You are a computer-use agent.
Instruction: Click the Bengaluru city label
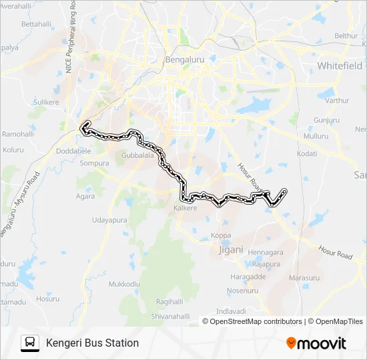(184, 59)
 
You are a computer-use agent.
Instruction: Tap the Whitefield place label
(340, 66)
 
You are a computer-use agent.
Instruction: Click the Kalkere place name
(186, 208)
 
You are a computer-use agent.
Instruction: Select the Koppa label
(221, 235)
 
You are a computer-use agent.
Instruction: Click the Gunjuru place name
(326, 120)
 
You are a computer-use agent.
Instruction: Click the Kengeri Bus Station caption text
(92, 343)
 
